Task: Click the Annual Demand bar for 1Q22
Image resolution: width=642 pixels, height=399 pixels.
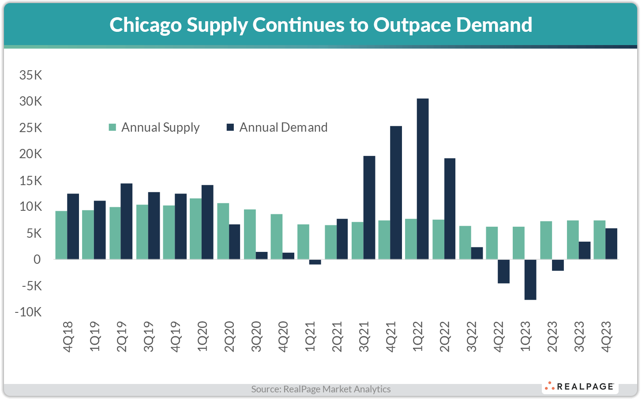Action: (x=423, y=179)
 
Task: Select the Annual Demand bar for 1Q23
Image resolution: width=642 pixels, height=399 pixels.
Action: (x=530, y=280)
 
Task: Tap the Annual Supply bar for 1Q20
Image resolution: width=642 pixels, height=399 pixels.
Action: (x=195, y=229)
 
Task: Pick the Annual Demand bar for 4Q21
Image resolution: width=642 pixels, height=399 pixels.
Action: (x=396, y=193)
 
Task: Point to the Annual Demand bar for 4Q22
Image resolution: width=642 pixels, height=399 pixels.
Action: (x=503, y=271)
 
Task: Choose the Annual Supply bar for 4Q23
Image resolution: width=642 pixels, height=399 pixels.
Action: (x=599, y=240)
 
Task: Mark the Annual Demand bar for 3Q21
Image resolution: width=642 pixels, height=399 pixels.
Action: (x=369, y=208)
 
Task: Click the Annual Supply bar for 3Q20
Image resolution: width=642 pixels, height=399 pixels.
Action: (x=250, y=234)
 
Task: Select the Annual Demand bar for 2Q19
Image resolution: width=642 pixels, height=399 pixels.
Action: (x=127, y=221)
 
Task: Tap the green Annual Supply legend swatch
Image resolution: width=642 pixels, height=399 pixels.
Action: (x=113, y=128)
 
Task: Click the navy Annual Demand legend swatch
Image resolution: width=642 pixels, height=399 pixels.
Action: (x=230, y=128)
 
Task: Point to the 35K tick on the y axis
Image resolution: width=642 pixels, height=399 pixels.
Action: (x=30, y=76)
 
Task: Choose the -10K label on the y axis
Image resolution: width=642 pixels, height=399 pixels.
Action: (x=28, y=312)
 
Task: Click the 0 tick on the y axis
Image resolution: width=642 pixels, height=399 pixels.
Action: (x=37, y=260)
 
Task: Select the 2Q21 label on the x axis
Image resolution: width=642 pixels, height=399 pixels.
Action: (x=337, y=337)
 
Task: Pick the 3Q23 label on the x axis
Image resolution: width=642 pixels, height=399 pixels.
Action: (x=579, y=337)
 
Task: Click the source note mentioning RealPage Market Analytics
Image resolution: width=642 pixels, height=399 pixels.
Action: (x=321, y=389)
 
